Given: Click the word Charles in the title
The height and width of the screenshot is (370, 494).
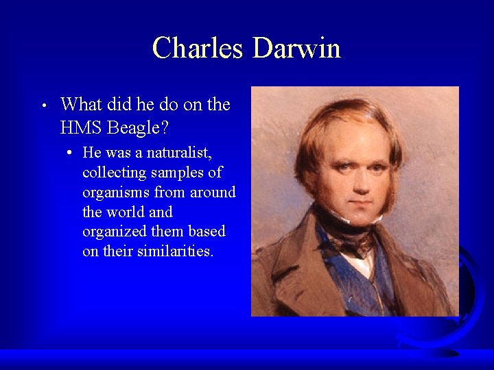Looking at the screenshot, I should (198, 49).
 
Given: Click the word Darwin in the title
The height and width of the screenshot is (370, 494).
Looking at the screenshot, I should (296, 49).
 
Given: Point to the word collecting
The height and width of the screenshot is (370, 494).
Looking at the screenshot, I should (113, 172).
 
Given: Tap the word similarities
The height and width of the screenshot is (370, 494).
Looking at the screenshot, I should (175, 251).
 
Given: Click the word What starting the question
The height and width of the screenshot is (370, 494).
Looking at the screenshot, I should (80, 105).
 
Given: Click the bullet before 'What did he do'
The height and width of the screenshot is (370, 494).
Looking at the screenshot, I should (43, 106).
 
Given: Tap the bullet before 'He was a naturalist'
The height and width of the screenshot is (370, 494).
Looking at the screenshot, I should (71, 152).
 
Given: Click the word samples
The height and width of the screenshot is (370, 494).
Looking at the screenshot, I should (182, 172).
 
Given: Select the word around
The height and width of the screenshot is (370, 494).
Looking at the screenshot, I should (213, 193).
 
